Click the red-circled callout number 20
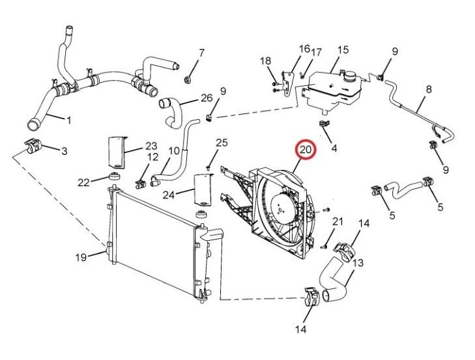click(306, 150)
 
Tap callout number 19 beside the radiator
click(81, 258)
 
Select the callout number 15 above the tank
click(343, 49)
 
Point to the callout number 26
click(207, 98)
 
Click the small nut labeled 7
click(188, 80)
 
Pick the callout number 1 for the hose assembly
click(69, 120)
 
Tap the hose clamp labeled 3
click(33, 146)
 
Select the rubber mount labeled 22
click(115, 176)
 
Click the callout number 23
click(151, 146)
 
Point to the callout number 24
click(169, 195)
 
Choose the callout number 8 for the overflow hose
click(429, 90)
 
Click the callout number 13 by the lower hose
click(358, 263)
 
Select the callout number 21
click(338, 222)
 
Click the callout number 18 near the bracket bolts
click(266, 61)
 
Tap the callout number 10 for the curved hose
click(174, 151)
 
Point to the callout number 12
click(153, 157)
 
